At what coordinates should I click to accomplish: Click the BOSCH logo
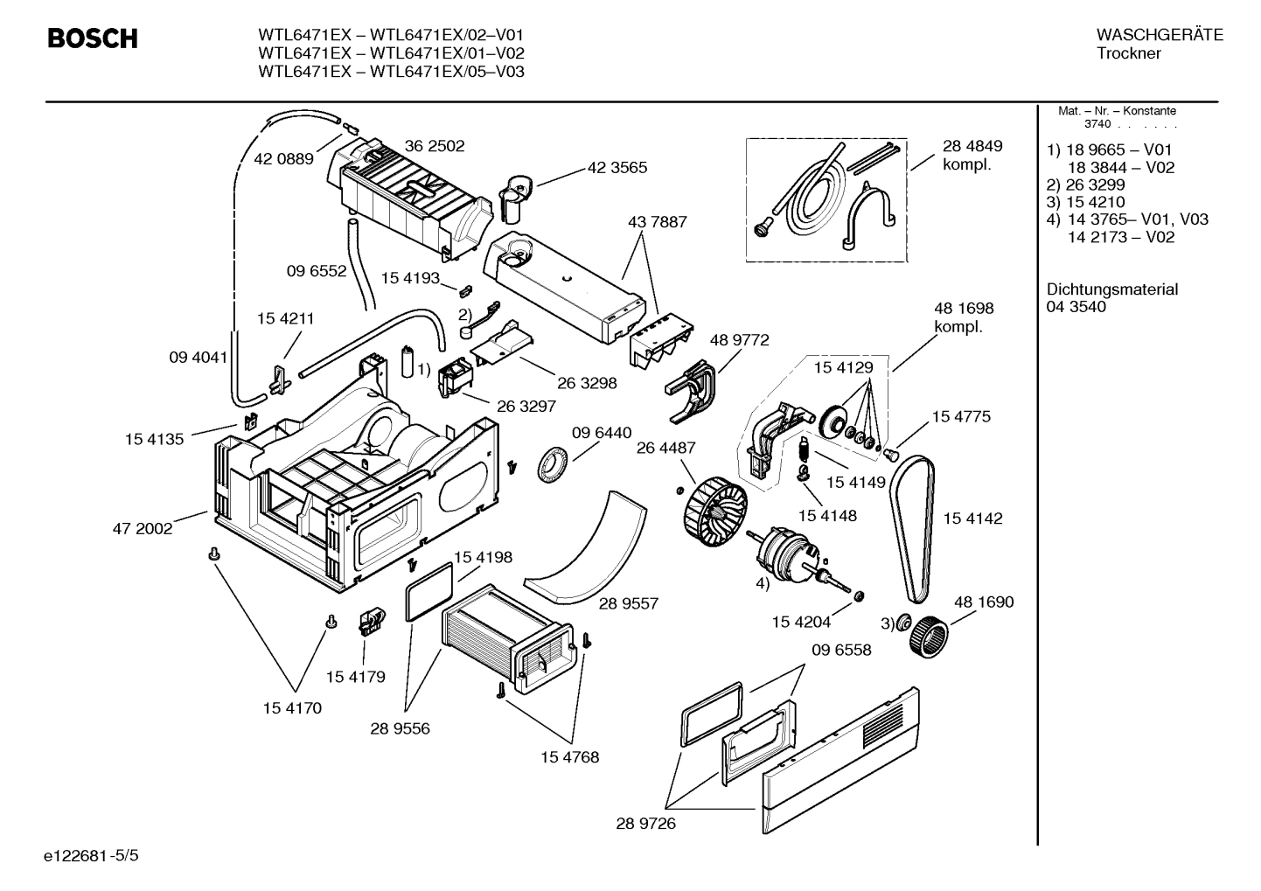click(x=92, y=39)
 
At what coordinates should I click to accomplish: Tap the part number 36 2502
click(x=434, y=146)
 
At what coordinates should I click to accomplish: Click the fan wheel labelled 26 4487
click(x=714, y=507)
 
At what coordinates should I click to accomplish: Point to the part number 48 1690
click(x=983, y=602)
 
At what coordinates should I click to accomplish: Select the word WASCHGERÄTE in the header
click(x=1159, y=35)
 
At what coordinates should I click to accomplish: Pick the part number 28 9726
click(x=645, y=823)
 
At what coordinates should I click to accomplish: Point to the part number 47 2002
click(x=142, y=528)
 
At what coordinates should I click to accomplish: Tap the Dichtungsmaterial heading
click(x=1111, y=289)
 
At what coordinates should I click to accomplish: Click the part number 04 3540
click(x=1076, y=307)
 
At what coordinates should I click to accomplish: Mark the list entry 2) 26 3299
click(x=1085, y=184)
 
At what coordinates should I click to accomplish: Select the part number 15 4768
click(x=568, y=757)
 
